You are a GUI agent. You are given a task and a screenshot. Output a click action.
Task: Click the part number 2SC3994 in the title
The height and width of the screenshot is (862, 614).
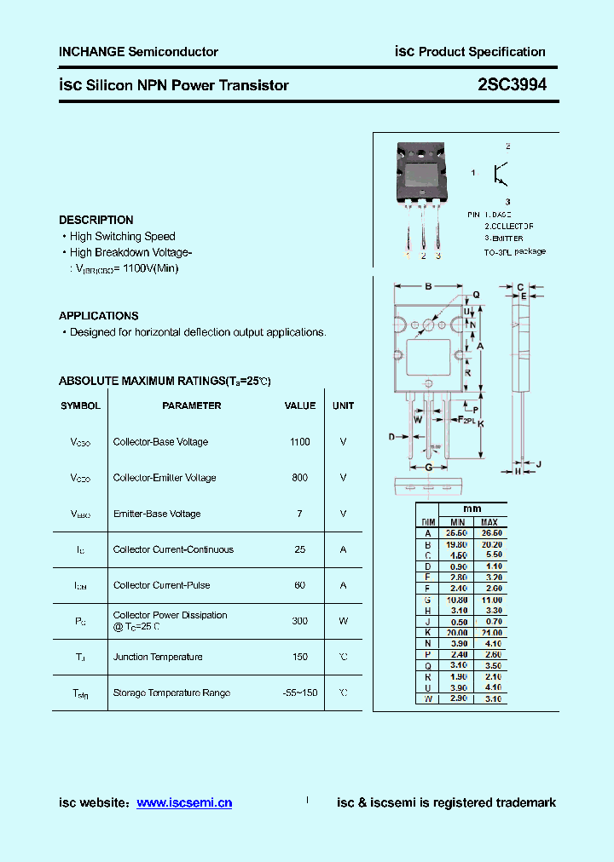pos(512,84)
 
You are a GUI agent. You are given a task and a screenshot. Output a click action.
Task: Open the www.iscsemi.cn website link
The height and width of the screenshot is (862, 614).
pos(183,802)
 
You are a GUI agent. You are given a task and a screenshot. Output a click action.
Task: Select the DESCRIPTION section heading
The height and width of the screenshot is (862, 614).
pos(96,220)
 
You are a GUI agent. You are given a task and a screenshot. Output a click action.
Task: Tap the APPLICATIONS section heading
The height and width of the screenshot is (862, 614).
pos(98,315)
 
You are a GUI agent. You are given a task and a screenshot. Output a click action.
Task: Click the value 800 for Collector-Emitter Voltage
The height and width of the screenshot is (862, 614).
pos(299,478)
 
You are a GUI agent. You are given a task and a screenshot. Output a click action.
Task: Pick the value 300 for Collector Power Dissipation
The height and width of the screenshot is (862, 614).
pos(299,621)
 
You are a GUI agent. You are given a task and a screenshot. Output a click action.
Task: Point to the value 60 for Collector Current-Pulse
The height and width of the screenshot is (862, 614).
pos(299,585)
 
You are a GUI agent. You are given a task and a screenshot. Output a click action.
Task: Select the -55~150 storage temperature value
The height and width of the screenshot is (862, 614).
pos(299,692)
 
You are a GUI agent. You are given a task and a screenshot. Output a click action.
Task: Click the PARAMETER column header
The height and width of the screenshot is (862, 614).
pos(191,405)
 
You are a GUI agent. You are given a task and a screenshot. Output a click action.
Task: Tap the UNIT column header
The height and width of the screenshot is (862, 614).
pos(343,405)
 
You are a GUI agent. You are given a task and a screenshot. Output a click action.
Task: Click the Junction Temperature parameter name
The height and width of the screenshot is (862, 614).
pos(158,657)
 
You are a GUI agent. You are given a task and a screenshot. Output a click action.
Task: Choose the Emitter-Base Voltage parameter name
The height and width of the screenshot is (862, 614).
pos(157,514)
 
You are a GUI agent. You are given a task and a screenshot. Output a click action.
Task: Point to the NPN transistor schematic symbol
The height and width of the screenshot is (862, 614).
pos(501,174)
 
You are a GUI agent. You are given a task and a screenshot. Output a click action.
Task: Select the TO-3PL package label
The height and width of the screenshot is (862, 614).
pos(514,252)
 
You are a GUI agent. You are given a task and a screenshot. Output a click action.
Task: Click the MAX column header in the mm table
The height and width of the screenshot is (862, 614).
pos(489,521)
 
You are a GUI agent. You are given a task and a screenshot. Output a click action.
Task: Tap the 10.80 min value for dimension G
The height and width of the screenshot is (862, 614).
pos(458,600)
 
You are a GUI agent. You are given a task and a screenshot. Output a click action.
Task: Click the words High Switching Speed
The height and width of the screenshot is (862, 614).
pos(122,236)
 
